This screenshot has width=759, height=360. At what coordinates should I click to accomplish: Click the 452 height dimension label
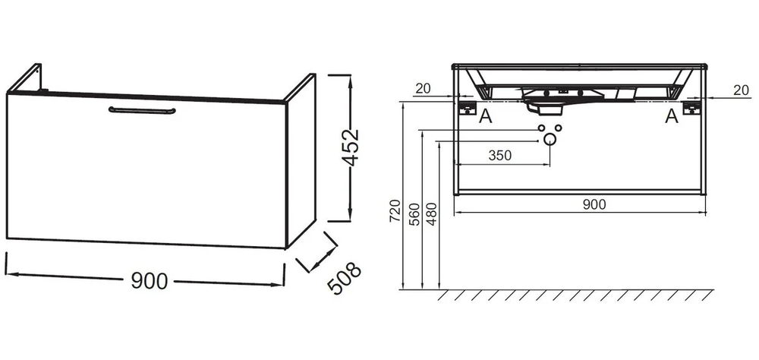coord(351,147)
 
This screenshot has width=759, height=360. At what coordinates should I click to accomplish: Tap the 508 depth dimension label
coord(344,278)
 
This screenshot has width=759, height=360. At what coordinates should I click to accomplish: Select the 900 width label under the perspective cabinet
coord(149,281)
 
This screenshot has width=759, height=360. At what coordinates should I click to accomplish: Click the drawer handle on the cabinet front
coord(142,110)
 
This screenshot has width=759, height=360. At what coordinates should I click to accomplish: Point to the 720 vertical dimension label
coord(395,211)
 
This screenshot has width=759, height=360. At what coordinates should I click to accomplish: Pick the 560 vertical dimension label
coord(414,215)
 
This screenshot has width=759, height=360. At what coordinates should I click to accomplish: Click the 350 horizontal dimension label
coord(499,156)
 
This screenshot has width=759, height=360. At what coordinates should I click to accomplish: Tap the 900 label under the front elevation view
coord(594,204)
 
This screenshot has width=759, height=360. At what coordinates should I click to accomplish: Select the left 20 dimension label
coord(423,88)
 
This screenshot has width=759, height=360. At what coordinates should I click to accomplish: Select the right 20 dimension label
coord(741,90)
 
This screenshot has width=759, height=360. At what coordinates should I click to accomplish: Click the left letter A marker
coord(485,116)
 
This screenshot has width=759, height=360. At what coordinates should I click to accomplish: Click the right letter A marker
coord(672,116)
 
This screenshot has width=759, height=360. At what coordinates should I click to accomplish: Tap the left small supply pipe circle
coord(542,128)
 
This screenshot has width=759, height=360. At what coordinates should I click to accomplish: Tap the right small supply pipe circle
coord(558,128)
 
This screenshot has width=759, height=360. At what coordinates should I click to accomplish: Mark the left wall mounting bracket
coord(467,108)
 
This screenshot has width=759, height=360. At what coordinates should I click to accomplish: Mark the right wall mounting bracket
coord(691,108)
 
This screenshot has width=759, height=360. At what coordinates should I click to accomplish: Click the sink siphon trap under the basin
coord(544,106)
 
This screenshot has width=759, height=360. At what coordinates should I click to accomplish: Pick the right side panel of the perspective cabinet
coord(301,161)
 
